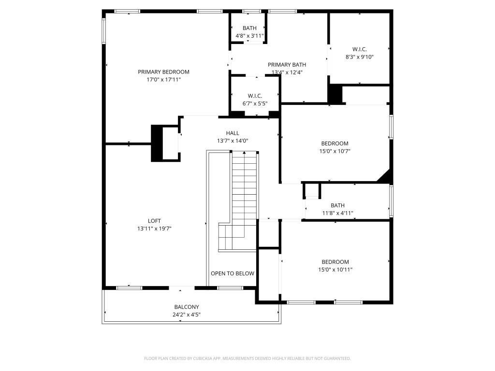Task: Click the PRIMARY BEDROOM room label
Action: point(163,72)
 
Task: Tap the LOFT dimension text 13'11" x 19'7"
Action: point(154,228)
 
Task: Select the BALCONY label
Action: point(187,307)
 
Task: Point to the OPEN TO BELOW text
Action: point(232,273)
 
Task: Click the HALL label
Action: point(232,133)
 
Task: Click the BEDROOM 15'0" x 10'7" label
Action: point(335,143)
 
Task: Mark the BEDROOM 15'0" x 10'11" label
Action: point(335,262)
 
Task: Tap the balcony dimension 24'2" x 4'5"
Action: point(187,314)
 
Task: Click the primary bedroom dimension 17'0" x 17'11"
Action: point(163,80)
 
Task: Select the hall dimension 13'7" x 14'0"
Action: point(232,141)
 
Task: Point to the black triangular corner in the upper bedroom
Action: point(385,177)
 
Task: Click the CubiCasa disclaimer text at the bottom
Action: point(247,358)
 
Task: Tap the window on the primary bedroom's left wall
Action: point(103,31)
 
